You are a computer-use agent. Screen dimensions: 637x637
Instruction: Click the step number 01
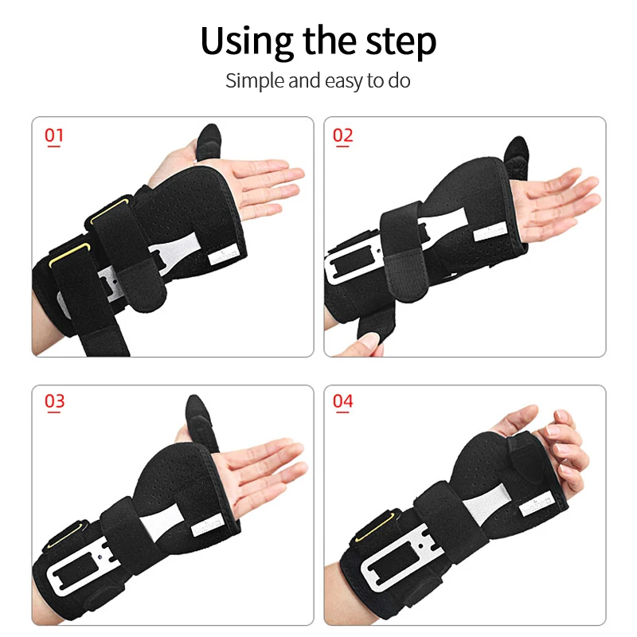pyautogui.click(x=54, y=135)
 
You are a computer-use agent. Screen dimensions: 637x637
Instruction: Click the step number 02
pyautogui.click(x=342, y=135)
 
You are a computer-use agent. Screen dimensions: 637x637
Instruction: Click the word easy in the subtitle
pyautogui.click(x=342, y=80)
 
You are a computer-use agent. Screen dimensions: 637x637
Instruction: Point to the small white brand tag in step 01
pyautogui.click(x=220, y=258)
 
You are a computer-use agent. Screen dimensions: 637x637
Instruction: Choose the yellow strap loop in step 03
pyautogui.click(x=67, y=529)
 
